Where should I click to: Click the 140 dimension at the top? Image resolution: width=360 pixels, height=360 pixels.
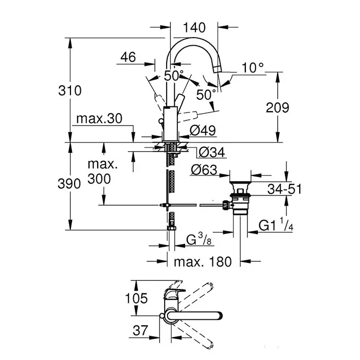tap(194, 27)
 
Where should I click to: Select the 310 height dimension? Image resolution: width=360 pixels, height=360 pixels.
tap(71, 91)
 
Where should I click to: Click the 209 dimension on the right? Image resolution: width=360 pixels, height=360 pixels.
tap(278, 107)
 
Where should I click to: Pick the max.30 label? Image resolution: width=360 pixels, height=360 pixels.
tap(98, 119)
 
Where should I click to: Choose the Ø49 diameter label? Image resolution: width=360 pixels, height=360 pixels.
tap(202, 131)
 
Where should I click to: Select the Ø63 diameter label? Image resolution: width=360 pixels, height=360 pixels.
tap(203, 169)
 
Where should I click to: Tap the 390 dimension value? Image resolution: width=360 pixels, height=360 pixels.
tap(70, 184)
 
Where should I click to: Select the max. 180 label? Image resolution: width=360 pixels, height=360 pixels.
tap(202, 262)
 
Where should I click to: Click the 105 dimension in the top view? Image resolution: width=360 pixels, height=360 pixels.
tap(136, 298)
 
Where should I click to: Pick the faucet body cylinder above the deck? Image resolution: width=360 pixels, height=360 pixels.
tap(170, 123)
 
